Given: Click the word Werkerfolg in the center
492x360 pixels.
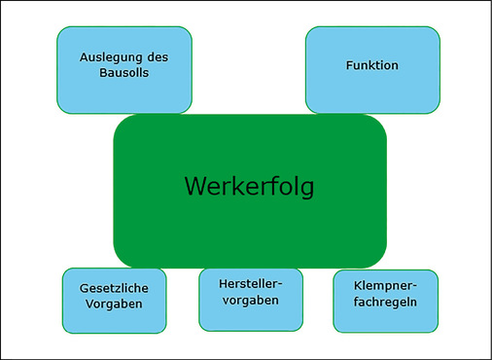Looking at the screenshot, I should point(249,186).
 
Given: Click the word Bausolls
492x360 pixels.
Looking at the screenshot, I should point(124,73).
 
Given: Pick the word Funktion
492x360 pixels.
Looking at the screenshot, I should point(372,65).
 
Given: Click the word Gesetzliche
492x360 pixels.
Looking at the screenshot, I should point(114,288).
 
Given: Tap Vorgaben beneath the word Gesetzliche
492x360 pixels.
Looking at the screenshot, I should point(114,305).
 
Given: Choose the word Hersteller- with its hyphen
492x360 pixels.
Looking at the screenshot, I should point(251,284).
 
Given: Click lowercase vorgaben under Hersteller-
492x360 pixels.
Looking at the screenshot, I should point(251,301).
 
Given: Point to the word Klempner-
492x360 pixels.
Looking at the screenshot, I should point(385,289).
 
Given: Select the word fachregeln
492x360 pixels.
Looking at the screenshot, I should point(385,306).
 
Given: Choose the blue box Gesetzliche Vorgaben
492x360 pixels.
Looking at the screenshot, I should point(114,321).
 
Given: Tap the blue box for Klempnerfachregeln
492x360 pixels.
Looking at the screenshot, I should point(385,322).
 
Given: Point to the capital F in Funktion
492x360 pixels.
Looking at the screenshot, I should point(350,65).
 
